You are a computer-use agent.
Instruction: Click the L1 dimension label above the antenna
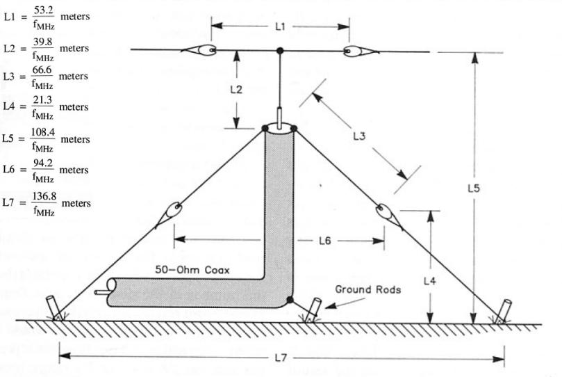pos(279,28)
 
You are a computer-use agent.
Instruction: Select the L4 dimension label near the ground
pos(431,281)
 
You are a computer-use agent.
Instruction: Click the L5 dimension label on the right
pos(473,188)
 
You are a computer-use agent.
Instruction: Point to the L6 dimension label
pos(324,241)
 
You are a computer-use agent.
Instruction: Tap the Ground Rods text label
pos(367,289)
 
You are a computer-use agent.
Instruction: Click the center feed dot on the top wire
pos(280,51)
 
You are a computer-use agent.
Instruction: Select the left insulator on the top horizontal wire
pos(199,50)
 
